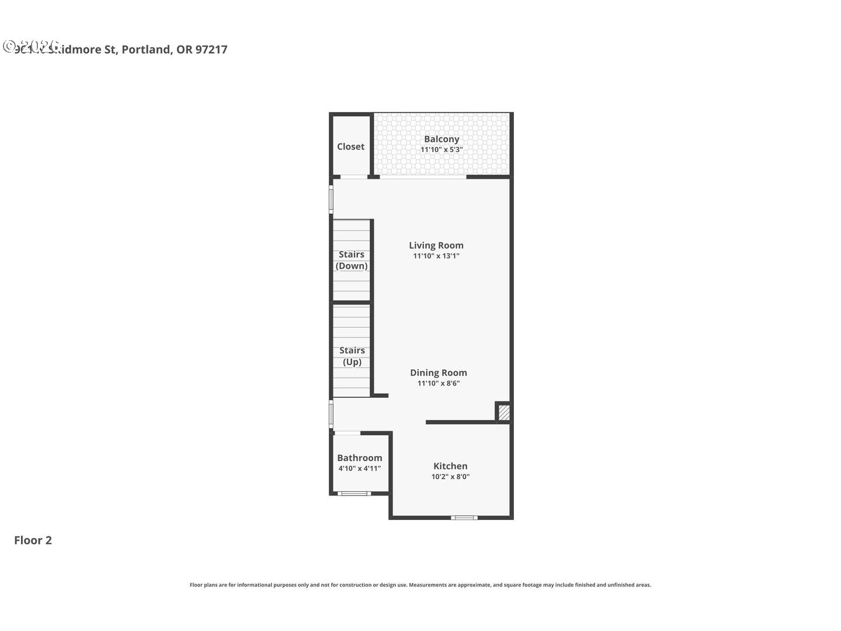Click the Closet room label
[x=350, y=147]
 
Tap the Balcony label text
[x=442, y=139]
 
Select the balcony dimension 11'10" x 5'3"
[x=442, y=150]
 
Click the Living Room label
[x=436, y=245]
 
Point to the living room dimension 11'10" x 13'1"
[x=436, y=256]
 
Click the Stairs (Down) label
[x=352, y=260]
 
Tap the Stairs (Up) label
[x=352, y=356]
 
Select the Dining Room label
[x=439, y=373]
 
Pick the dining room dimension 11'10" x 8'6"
[x=439, y=383]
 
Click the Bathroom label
[x=360, y=458]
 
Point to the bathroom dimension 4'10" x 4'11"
[x=360, y=469]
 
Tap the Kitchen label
[x=450, y=466]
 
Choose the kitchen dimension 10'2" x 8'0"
[x=450, y=477]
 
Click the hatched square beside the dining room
[x=504, y=412]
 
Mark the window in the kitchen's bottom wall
[x=464, y=518]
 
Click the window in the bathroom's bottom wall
[x=354, y=494]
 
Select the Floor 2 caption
[x=33, y=540]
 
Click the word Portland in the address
[x=146, y=50]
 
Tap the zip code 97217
[x=211, y=50]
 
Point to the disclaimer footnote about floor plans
[x=420, y=585]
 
